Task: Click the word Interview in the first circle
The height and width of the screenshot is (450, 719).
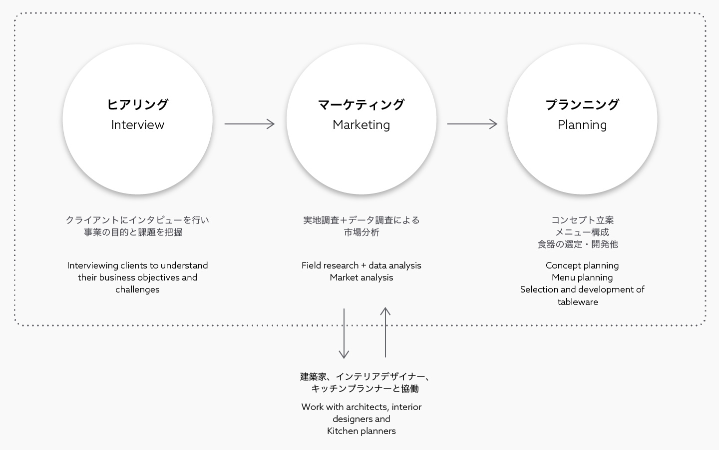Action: click(x=138, y=124)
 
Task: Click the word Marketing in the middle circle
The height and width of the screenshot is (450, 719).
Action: click(x=361, y=125)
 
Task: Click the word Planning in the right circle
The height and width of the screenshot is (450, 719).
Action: click(x=582, y=125)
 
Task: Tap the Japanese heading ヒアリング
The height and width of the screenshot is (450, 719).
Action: click(x=138, y=104)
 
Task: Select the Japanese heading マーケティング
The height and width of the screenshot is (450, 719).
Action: click(x=361, y=104)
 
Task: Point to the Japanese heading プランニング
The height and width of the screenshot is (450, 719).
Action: click(x=582, y=104)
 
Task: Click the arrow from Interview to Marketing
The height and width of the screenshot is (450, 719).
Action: click(x=250, y=124)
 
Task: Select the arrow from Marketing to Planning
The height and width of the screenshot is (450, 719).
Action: click(x=472, y=124)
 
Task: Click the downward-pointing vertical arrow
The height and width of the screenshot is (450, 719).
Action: click(x=344, y=333)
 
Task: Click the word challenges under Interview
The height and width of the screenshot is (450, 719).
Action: click(x=137, y=289)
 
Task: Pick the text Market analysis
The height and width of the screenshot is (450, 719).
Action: click(x=361, y=277)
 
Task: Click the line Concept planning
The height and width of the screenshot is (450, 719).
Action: click(x=582, y=265)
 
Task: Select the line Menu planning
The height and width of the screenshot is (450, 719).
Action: click(x=582, y=277)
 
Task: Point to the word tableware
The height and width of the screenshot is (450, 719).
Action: click(x=578, y=302)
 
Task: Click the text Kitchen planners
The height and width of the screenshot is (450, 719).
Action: click(x=361, y=431)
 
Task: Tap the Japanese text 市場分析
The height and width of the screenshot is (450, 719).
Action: click(x=361, y=232)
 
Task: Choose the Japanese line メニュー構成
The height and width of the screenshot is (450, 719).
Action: click(x=582, y=232)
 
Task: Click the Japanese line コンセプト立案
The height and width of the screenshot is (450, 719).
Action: click(x=582, y=220)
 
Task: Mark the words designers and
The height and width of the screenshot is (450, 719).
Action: click(x=361, y=419)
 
